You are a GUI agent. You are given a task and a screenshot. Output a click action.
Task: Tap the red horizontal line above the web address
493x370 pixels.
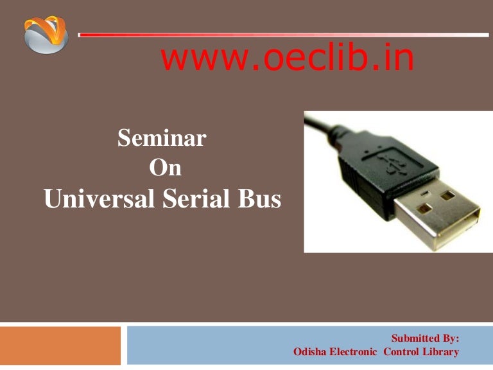(282, 34)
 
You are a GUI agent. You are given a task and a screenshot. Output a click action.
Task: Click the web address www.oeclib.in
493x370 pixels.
(287, 59)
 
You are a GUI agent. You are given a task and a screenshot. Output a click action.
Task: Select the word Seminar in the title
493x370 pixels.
(162, 139)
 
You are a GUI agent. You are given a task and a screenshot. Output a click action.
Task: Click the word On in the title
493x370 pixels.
(165, 168)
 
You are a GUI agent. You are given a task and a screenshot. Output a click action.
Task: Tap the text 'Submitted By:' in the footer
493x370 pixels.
(425, 339)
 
